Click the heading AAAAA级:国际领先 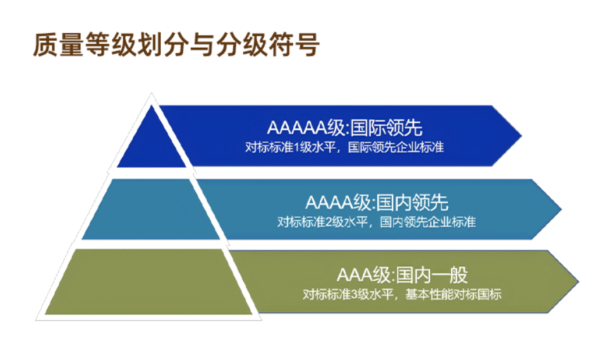[344, 127]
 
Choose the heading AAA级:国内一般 [402, 274]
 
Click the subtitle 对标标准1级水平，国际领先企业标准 [345, 147]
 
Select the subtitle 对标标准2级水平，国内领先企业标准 [377, 222]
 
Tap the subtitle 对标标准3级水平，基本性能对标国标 [402, 294]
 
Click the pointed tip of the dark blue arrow [519, 136]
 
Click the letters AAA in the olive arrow [355, 275]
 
